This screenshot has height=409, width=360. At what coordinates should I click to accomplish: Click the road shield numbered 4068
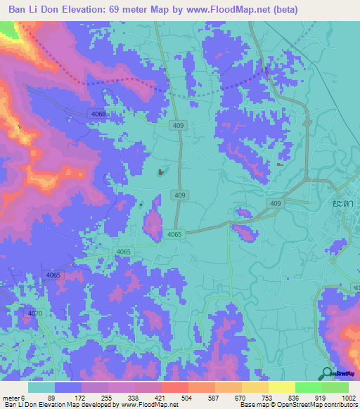point(98,114)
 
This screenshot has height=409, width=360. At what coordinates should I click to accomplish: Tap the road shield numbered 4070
point(36,313)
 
